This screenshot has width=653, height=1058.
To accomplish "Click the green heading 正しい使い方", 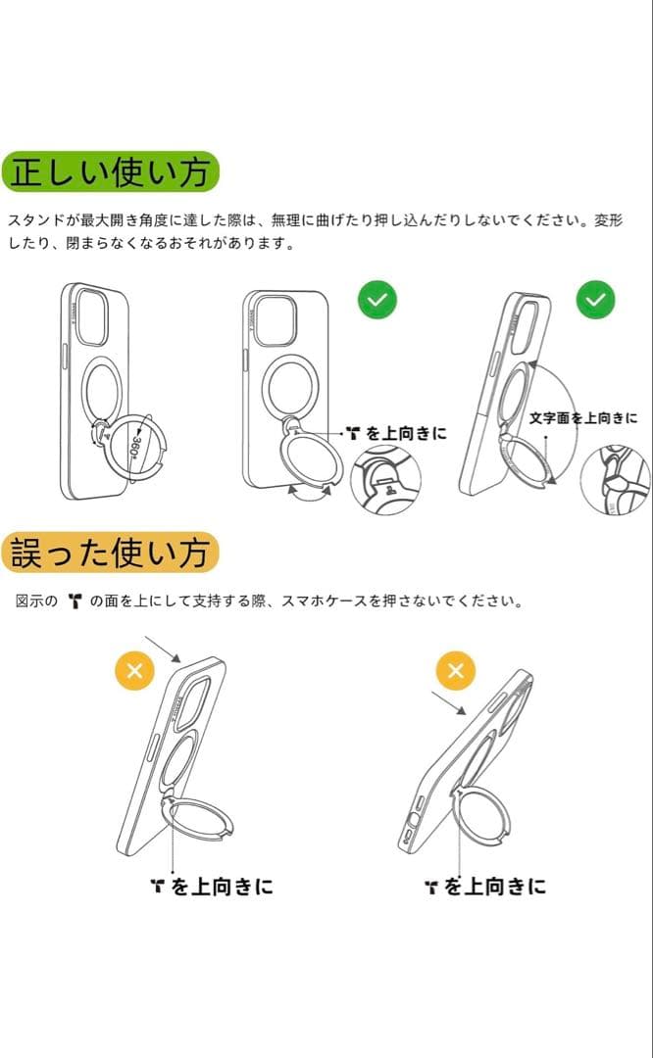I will click(x=110, y=172).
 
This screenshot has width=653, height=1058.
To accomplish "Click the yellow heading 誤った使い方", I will click(x=110, y=553).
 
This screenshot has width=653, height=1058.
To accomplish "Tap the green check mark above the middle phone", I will click(x=377, y=300).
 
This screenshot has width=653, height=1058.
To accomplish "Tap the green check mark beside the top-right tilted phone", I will click(x=595, y=300).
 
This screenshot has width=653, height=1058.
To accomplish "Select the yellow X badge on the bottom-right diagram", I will click(x=455, y=671).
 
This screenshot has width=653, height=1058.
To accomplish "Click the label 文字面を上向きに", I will click(x=582, y=418).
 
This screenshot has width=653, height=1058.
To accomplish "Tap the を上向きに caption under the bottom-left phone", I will click(x=212, y=887).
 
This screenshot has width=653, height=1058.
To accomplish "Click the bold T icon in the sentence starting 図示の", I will click(x=75, y=601).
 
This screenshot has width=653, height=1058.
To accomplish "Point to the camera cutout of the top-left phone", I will click(x=91, y=315).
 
